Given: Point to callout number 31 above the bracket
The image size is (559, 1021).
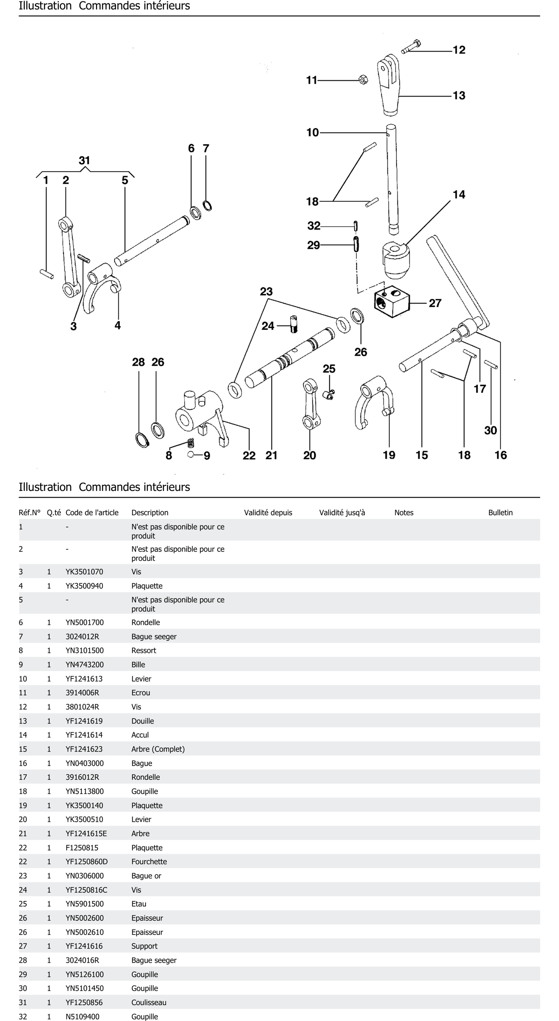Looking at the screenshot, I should [x=84, y=160].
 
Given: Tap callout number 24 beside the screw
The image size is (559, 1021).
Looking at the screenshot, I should [x=268, y=326].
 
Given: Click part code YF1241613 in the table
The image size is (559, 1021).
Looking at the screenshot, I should [x=84, y=679].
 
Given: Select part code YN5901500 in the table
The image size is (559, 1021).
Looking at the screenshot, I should [x=85, y=904].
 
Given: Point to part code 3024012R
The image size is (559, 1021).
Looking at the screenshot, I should [x=82, y=637].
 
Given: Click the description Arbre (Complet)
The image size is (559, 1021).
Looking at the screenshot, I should [x=158, y=749].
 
